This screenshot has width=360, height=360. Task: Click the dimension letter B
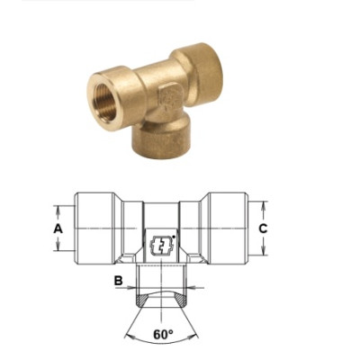[118, 281]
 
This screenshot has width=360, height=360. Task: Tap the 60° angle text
[163, 334]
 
